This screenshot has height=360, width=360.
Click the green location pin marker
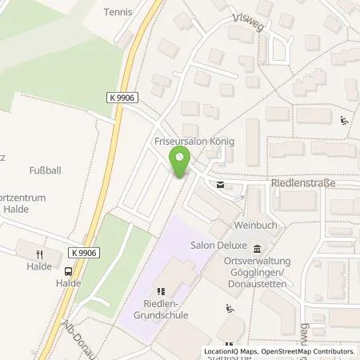pos(180,166)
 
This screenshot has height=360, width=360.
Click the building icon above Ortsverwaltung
pos(256,248)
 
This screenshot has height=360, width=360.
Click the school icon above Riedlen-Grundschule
pos(160,292)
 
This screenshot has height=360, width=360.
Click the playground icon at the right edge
pos(345,122)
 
